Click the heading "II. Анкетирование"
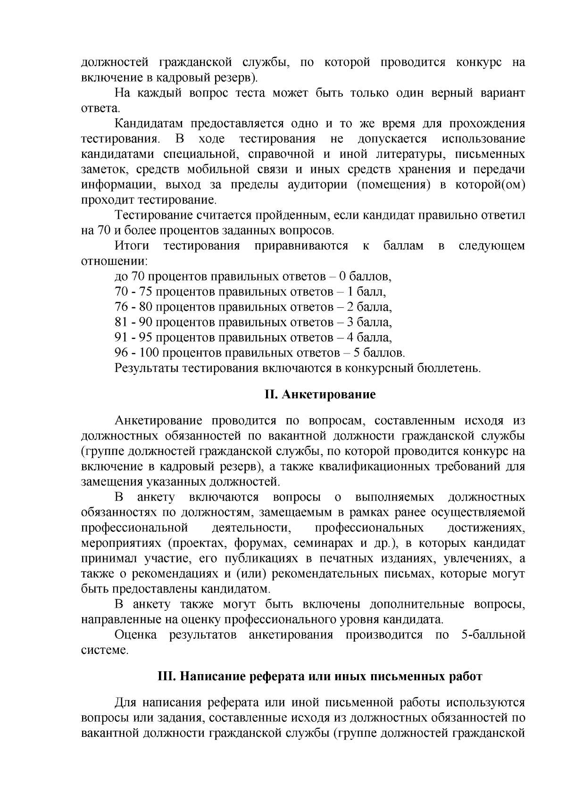click(319, 394)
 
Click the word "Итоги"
click(132, 246)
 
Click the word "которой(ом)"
click(490, 184)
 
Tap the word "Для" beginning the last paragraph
click(126, 702)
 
